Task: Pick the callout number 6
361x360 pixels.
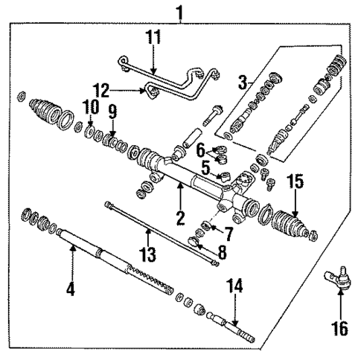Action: coord(201,150)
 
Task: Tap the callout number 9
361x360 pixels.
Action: coord(112,112)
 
